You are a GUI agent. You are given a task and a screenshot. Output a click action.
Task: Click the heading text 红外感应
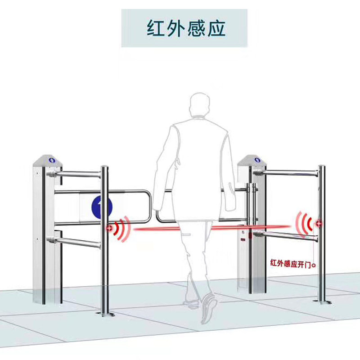[184, 28]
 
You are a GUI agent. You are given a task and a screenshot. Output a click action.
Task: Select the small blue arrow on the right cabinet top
[257, 160]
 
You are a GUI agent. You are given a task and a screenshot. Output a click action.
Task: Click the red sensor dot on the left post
[109, 229]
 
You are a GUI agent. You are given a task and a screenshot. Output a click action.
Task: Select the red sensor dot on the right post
[319, 223]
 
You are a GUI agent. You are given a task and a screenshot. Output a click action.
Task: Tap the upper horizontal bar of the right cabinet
[288, 172]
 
